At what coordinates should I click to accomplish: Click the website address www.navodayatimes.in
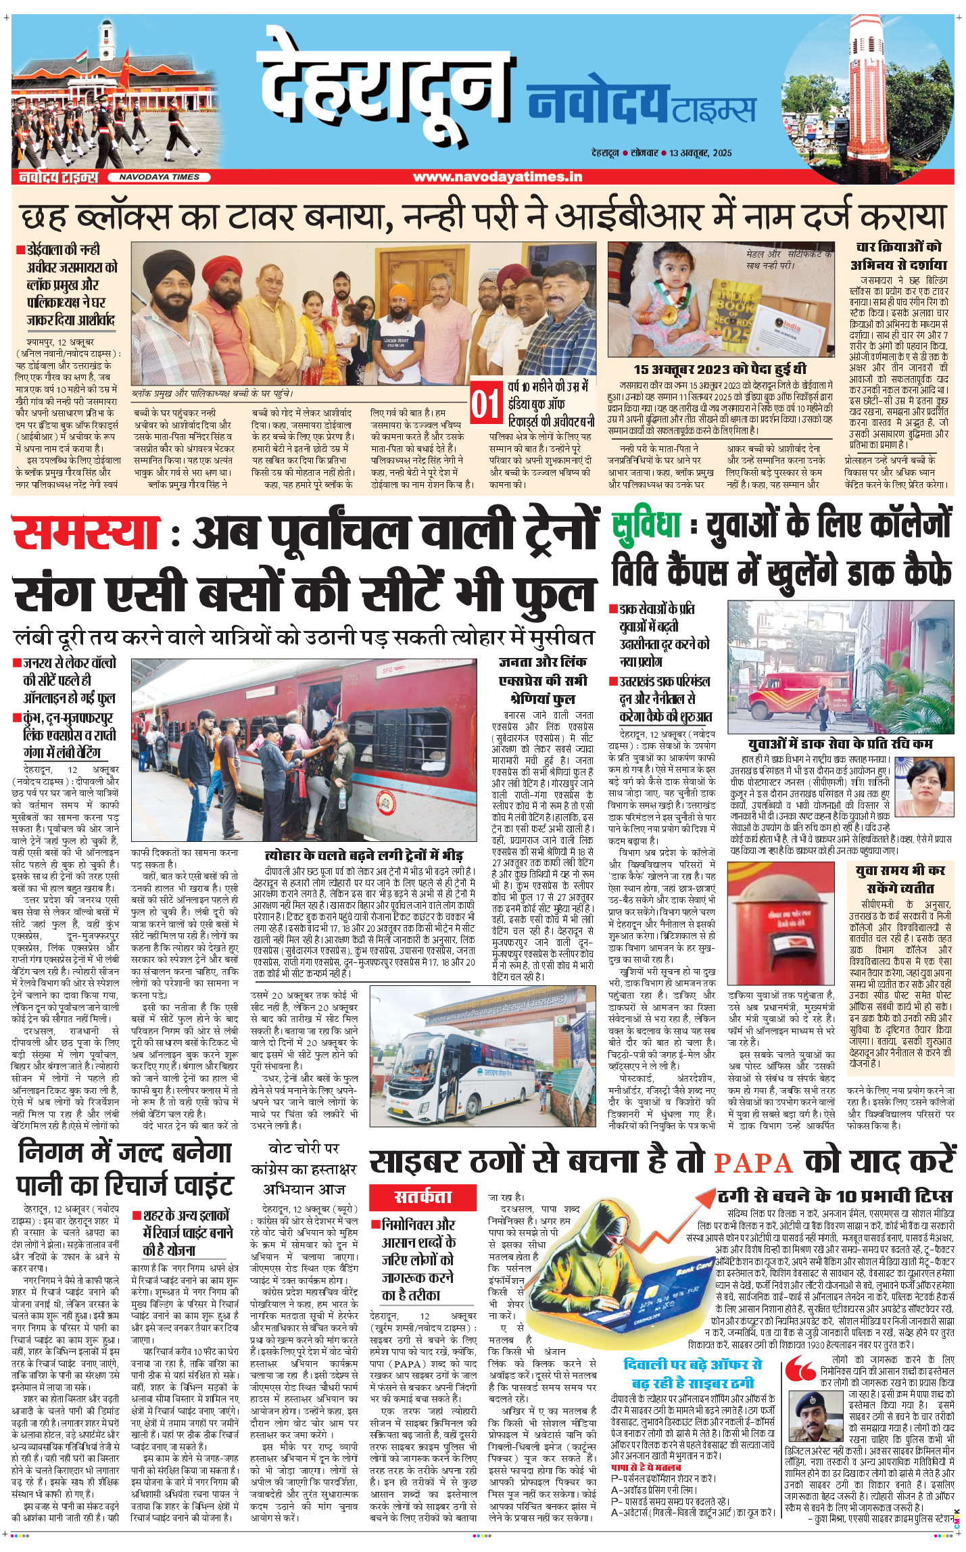(x=498, y=177)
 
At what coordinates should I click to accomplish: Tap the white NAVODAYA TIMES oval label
(x=160, y=177)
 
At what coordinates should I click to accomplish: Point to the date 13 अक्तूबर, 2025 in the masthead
(x=700, y=153)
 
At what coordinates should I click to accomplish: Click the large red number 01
(x=485, y=404)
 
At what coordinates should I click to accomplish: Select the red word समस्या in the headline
(x=87, y=533)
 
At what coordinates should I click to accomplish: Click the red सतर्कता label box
(x=422, y=1198)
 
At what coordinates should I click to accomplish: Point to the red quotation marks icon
(x=801, y=1368)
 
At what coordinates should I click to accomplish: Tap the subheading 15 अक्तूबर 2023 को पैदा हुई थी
(x=719, y=369)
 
